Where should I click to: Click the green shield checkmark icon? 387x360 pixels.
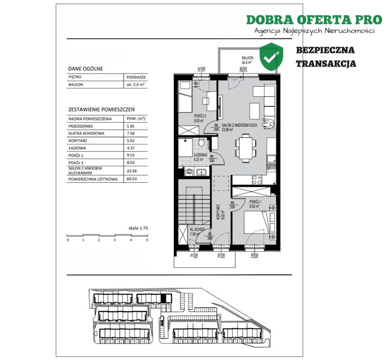[x=272, y=56]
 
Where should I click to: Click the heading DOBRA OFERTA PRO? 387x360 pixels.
[x=314, y=20]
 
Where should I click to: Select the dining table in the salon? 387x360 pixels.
[x=244, y=147]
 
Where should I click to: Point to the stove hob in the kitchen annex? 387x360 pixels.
[x=257, y=180]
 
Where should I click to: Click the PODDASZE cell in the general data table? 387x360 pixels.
[x=136, y=77]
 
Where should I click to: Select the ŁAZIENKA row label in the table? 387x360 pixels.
[x=79, y=147]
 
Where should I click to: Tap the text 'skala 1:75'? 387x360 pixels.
[x=138, y=228]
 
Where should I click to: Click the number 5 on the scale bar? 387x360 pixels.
[x=147, y=240]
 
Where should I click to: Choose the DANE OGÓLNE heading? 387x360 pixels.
[x=85, y=68]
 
